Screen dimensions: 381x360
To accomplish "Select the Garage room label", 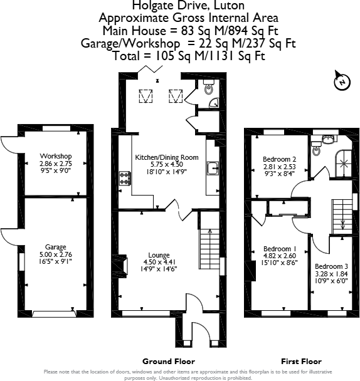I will click(x=56, y=247).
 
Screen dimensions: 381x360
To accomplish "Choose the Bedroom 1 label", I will click(x=277, y=248).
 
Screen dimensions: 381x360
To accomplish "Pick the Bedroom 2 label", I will click(x=278, y=160).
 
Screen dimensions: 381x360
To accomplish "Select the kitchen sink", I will click(x=212, y=168).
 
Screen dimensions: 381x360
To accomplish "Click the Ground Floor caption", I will click(x=168, y=362).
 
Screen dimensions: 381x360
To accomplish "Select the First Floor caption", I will click(x=301, y=362).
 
